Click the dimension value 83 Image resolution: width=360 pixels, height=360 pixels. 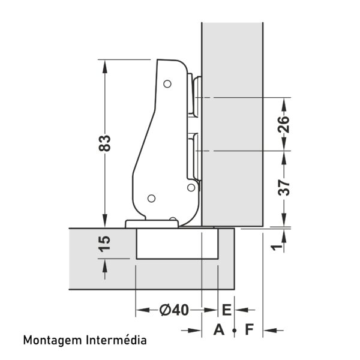click(104, 143)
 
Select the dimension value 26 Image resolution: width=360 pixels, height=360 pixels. click(284, 124)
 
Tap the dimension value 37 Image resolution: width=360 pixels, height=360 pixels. click(284, 188)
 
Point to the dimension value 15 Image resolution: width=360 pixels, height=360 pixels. click(104, 244)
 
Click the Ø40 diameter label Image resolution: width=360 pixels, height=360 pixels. click(175, 310)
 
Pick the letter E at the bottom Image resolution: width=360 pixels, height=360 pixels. click(227, 310)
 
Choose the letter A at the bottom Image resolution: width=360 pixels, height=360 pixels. click(218, 329)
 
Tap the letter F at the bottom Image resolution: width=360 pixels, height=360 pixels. click(250, 329)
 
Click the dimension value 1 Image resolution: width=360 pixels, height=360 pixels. click(277, 247)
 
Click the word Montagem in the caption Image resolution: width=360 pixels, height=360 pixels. click(53, 341)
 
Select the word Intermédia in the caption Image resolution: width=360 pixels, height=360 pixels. click(116, 340)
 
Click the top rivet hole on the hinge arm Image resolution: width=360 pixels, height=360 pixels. click(167, 84)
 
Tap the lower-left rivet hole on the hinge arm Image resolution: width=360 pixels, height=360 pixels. click(151, 199)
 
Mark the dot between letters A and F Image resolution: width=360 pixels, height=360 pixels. click(234, 331)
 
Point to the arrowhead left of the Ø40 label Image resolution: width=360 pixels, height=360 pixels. click(143, 310)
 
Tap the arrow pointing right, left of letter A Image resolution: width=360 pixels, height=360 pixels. click(191, 331)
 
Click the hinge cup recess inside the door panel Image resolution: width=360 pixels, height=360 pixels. click(177, 244)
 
